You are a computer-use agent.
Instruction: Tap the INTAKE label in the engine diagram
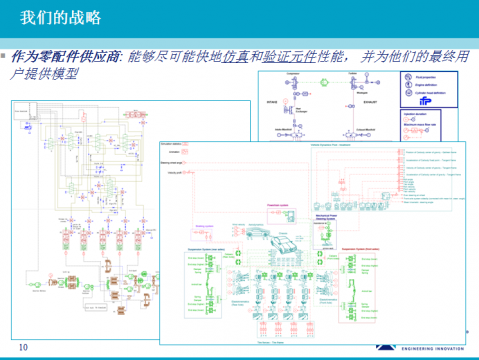272,101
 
